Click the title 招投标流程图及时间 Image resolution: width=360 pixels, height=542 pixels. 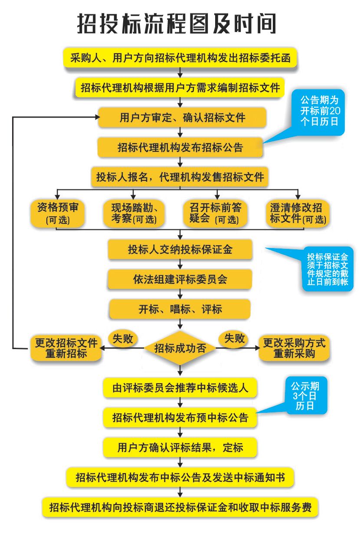(177, 23)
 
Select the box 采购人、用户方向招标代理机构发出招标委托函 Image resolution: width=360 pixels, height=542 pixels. (180, 58)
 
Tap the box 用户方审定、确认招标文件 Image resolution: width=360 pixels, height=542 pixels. (182, 118)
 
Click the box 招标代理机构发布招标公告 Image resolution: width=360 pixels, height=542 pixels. (180, 147)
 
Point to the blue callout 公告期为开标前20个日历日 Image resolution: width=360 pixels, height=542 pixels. (319, 110)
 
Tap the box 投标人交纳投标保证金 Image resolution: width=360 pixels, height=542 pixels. (180, 250)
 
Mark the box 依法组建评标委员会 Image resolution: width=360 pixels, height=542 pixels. (180, 280)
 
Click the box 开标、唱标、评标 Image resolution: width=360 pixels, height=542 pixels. (180, 309)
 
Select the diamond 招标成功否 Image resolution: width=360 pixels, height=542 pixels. (180, 348)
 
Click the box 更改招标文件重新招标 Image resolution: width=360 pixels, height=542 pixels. (66, 348)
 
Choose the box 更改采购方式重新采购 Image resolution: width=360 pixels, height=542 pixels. (294, 348)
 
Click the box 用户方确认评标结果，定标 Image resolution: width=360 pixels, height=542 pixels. (180, 447)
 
